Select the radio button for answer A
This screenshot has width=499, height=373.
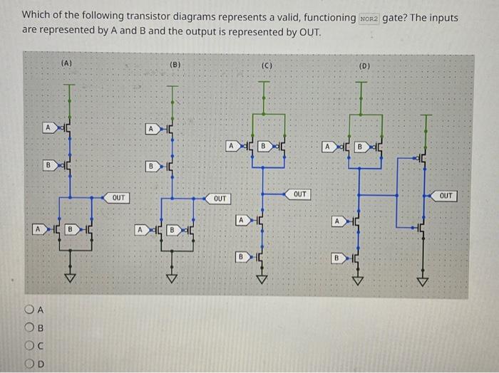tap(28, 310)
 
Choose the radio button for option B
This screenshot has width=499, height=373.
tap(28, 327)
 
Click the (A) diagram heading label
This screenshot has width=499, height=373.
tap(67, 63)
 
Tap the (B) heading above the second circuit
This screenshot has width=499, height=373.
tap(175, 65)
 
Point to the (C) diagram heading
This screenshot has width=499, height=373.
tap(267, 66)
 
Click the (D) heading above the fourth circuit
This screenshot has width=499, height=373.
tap(364, 66)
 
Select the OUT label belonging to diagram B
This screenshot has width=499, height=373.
tap(220, 198)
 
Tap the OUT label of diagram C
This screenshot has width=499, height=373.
tap(300, 194)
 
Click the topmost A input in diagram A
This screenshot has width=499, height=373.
tap(47, 127)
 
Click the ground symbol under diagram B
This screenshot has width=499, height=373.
tap(171, 278)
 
